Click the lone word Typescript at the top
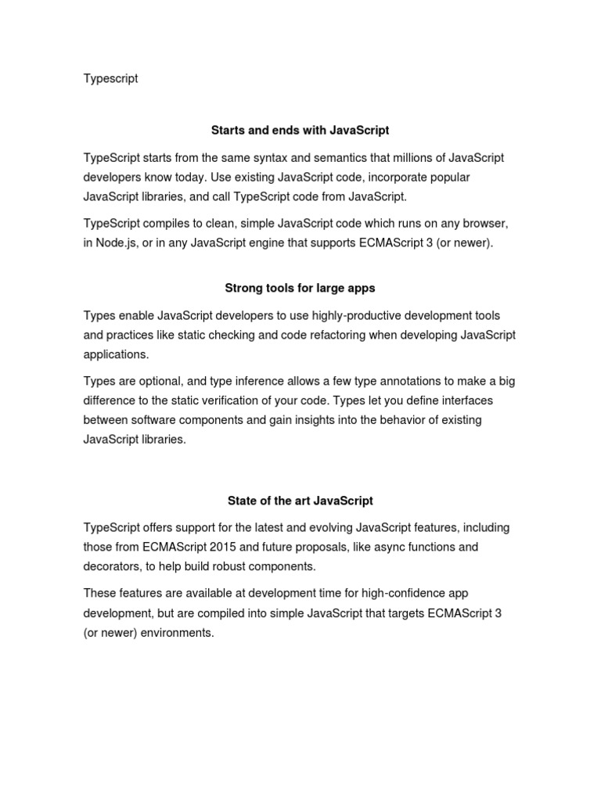(x=110, y=79)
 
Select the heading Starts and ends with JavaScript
(x=300, y=130)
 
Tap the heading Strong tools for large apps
(x=300, y=288)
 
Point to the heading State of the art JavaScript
(x=300, y=500)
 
